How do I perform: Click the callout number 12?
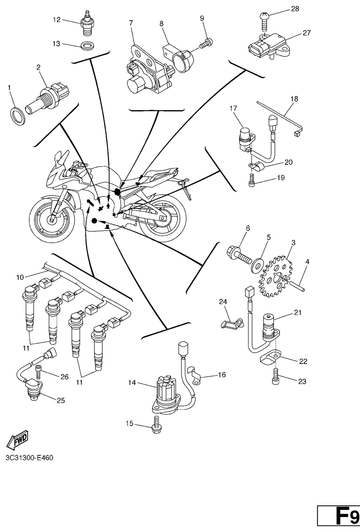56,20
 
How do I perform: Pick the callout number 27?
307,33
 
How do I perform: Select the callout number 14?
133,383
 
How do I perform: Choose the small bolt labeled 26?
39,373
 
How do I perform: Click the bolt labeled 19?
253,178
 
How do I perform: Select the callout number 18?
294,99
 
